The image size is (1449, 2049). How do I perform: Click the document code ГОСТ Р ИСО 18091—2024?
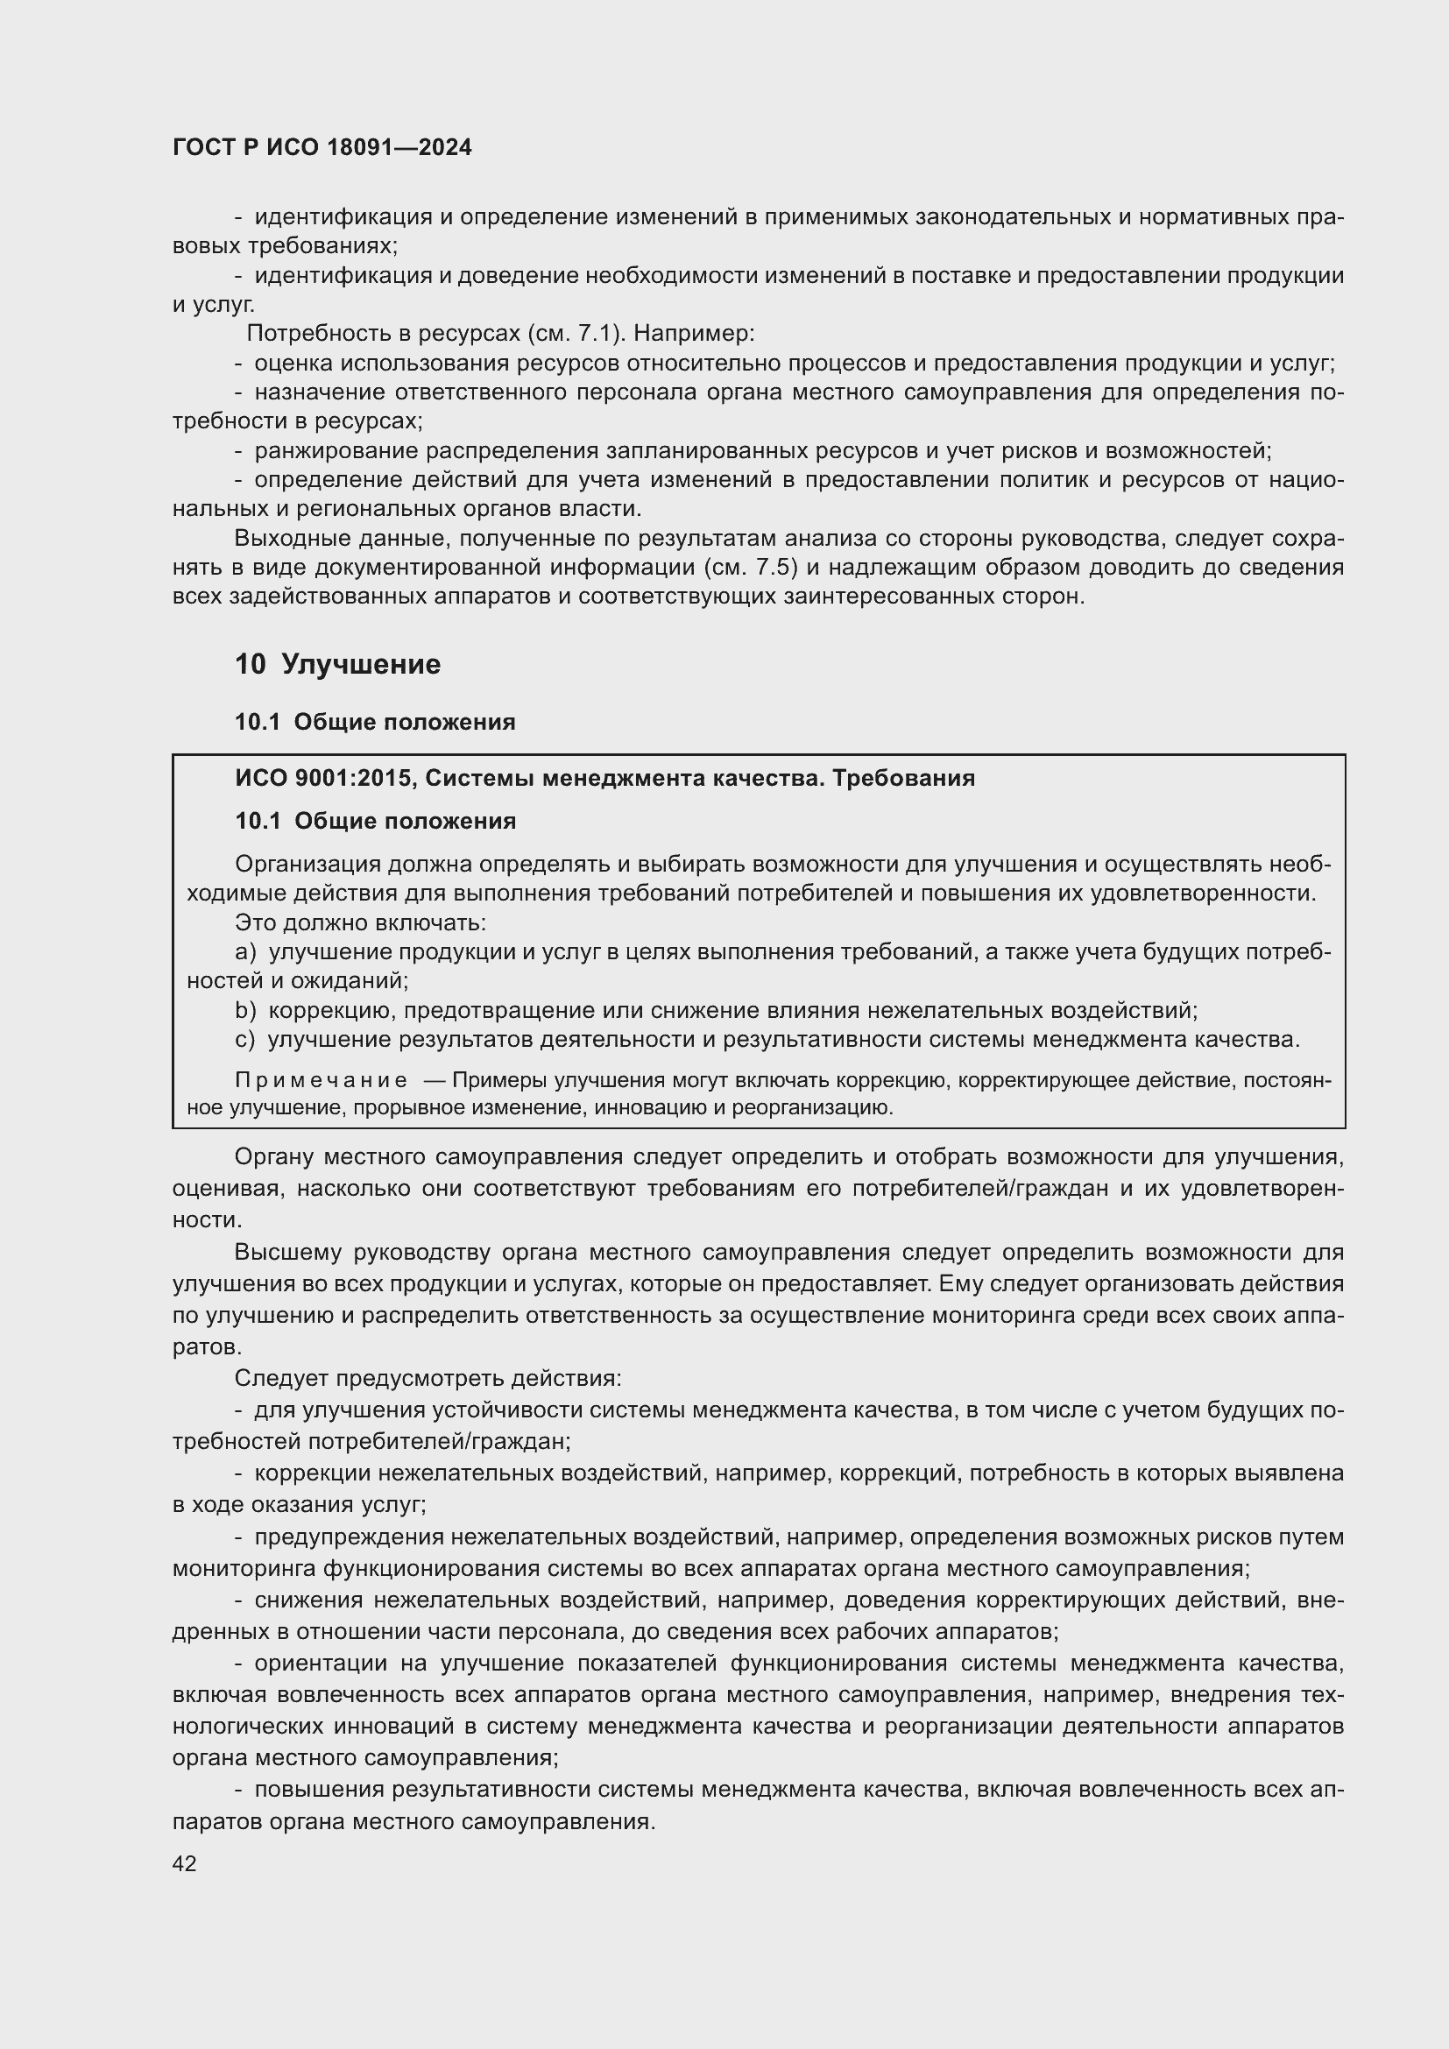coord(322,148)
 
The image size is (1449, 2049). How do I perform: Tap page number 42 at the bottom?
coord(184,1863)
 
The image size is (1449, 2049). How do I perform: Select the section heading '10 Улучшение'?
coord(337,664)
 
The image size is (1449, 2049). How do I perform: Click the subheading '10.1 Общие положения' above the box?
coord(375,722)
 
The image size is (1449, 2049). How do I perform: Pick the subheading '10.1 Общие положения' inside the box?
coord(375,821)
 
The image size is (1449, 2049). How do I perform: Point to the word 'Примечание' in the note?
coord(322,1081)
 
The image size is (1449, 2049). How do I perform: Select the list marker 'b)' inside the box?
coord(244,1010)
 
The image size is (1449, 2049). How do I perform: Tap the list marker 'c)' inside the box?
coord(244,1040)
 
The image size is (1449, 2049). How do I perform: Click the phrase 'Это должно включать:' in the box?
coord(359,922)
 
